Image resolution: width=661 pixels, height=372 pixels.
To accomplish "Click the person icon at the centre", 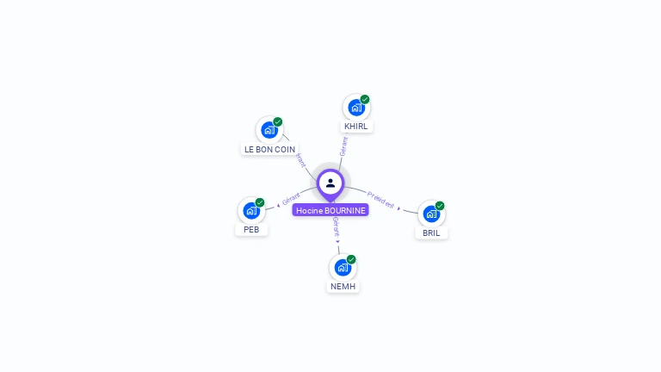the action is [x=330, y=183].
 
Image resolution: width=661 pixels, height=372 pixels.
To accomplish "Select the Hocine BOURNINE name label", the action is [x=330, y=210].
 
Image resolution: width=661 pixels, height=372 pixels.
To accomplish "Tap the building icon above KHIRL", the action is [x=355, y=108].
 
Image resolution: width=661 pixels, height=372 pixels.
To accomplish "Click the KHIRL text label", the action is [x=355, y=127].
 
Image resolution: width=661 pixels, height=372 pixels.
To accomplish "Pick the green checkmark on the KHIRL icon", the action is [x=365, y=99].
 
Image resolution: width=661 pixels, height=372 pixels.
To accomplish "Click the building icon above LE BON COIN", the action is [x=269, y=130].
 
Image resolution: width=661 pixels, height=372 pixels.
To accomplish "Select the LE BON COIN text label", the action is [x=269, y=149].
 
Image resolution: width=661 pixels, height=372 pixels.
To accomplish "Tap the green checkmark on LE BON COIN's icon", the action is [x=278, y=121].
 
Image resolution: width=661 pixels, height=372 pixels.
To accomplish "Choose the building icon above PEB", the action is [x=251, y=210].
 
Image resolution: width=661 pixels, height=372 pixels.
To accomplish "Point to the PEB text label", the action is [x=251, y=230].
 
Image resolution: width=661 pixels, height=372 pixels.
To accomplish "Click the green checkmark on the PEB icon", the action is [x=260, y=202].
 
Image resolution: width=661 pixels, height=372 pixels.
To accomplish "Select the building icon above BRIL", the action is [x=431, y=214].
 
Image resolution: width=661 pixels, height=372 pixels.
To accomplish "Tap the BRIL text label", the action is [x=431, y=232].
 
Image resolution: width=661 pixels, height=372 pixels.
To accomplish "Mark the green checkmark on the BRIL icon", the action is [x=440, y=206].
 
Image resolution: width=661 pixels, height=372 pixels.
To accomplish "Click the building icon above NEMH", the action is [x=343, y=267].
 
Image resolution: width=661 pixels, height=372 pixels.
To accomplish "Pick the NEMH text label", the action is [x=343, y=286].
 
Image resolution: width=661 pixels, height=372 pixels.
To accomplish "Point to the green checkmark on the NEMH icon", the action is [x=351, y=259].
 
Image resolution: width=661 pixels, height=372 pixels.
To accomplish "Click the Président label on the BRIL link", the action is [x=380, y=200].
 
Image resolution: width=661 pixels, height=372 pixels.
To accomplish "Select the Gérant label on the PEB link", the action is [x=291, y=200].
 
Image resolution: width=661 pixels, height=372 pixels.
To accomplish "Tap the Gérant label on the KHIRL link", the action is [x=343, y=146].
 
